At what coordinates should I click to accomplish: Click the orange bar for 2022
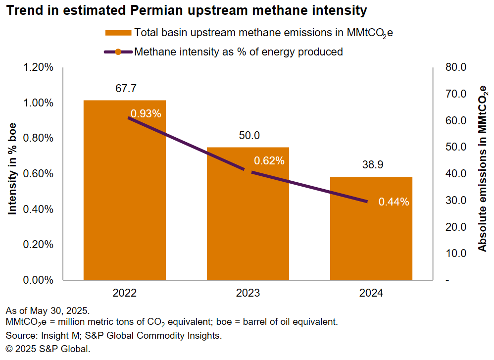[124, 198]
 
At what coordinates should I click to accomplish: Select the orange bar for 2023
[247, 223]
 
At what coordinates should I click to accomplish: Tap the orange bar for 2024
[371, 233]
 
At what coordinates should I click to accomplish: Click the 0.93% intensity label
[146, 113]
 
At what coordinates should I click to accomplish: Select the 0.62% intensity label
[269, 160]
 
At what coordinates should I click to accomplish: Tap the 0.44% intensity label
[394, 202]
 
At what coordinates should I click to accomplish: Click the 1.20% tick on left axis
[38, 67]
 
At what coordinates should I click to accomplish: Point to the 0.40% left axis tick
[38, 209]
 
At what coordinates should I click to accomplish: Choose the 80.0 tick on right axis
[456, 67]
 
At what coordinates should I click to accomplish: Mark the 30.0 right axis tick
[456, 201]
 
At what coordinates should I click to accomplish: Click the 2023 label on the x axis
[247, 293]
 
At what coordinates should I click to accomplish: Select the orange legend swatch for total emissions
[118, 33]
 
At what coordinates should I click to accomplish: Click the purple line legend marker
[118, 51]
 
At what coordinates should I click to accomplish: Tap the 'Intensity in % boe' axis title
[13, 168]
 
